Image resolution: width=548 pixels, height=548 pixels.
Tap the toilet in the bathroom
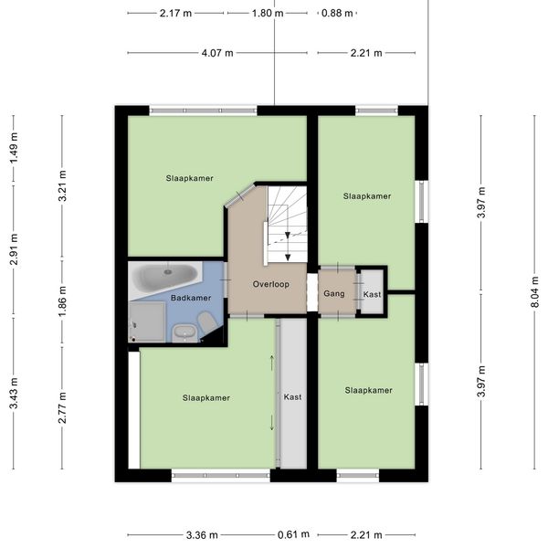(x=206, y=321)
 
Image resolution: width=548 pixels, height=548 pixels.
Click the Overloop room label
(x=271, y=285)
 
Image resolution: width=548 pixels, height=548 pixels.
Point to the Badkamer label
(x=190, y=298)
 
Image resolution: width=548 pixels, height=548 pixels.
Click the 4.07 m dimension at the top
(x=216, y=53)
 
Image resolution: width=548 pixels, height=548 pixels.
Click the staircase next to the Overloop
(x=287, y=224)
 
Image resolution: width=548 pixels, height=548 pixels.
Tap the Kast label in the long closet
(x=292, y=397)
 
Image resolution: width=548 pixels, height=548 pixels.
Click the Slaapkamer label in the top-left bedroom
(x=189, y=178)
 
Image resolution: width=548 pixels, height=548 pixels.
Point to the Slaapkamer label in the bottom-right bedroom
(x=369, y=391)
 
